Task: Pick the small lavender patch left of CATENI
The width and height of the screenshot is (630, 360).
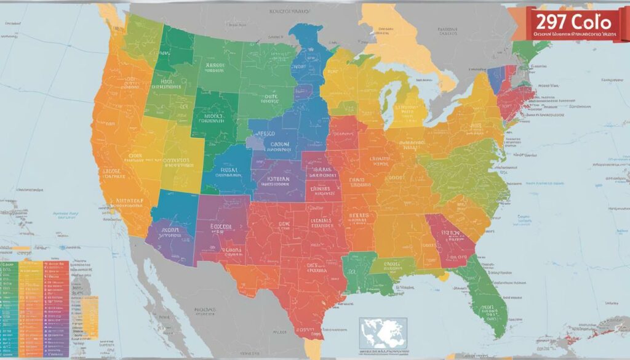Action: coord(253,142)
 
